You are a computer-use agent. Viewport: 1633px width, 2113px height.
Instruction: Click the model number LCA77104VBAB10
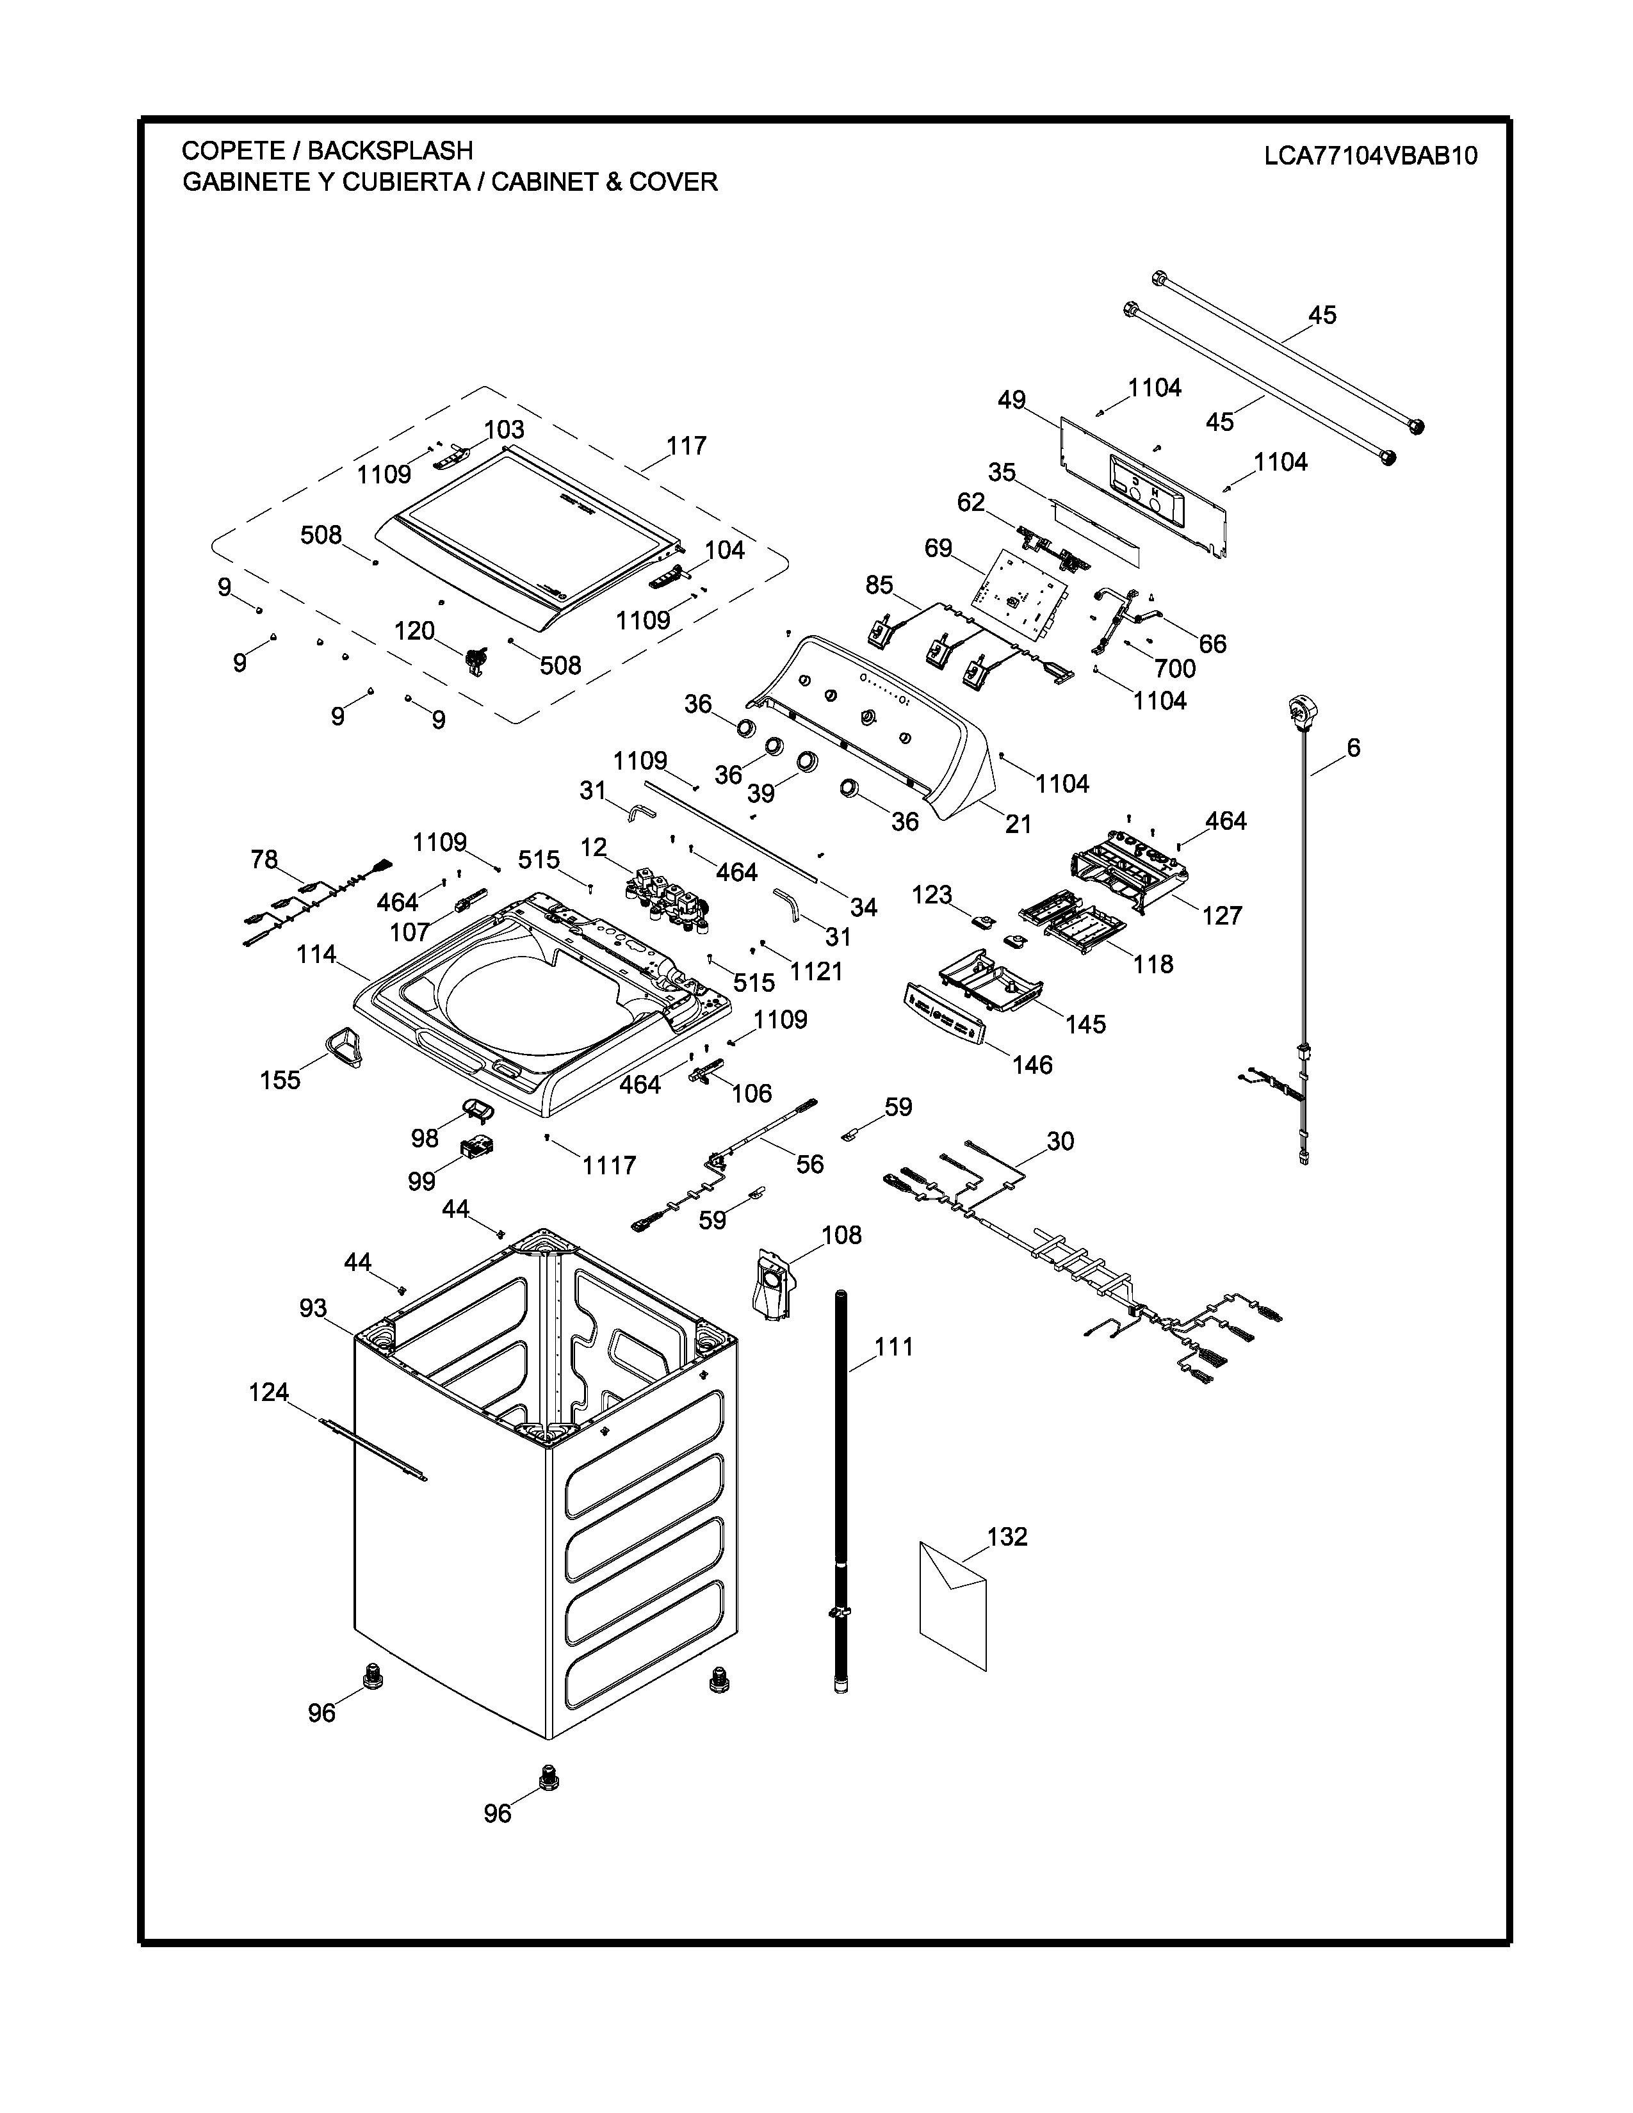(x=1370, y=156)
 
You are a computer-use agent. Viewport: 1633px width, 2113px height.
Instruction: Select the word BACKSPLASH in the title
(x=390, y=151)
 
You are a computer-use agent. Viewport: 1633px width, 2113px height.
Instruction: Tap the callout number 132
(x=1007, y=1536)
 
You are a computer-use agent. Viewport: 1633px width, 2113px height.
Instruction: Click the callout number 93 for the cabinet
(x=313, y=1308)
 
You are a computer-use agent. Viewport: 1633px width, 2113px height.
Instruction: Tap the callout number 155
(x=280, y=1080)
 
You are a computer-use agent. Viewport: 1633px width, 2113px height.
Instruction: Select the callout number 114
(x=316, y=954)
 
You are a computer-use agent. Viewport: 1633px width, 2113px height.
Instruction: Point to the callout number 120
(x=414, y=631)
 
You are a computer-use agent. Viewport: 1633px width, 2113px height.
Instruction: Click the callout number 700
(x=1174, y=668)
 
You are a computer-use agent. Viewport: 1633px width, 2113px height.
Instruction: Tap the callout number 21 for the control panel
(x=1018, y=823)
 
